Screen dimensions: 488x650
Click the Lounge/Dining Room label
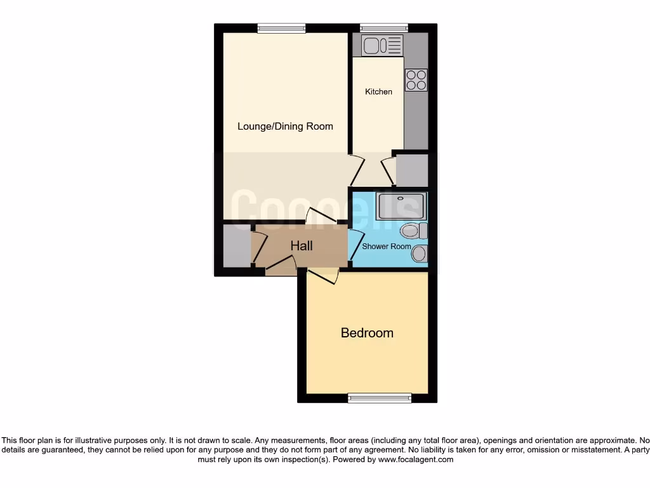tap(285, 126)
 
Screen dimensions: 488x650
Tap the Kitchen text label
tap(378, 91)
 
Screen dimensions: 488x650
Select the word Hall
tap(302, 245)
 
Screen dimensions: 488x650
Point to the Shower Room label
tap(386, 247)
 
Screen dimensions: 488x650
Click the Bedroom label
tap(367, 332)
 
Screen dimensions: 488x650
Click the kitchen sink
tap(382, 45)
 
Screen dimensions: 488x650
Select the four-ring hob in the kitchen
tap(416, 79)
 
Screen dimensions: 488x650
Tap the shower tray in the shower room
tap(399, 207)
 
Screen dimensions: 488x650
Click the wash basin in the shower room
tap(420, 255)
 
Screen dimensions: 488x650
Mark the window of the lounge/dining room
tap(281, 27)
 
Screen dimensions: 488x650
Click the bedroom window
tap(379, 398)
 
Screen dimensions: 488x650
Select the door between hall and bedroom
tap(324, 276)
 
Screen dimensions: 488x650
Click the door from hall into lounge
tap(321, 217)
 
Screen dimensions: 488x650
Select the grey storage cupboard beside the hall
tap(236, 245)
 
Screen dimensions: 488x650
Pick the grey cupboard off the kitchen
tap(411, 170)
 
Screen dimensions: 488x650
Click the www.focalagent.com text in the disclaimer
tap(415, 459)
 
